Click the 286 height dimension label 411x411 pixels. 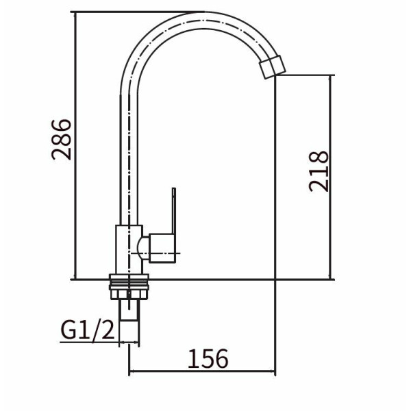[62, 140]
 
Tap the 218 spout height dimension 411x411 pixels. [319, 171]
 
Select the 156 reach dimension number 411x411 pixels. [208, 358]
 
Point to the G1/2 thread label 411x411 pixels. [88, 330]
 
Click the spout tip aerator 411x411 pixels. [272, 67]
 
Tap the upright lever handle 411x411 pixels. [173, 211]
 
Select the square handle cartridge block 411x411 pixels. [162, 248]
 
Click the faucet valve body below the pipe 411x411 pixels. [129, 249]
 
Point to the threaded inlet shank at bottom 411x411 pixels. [129, 310]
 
